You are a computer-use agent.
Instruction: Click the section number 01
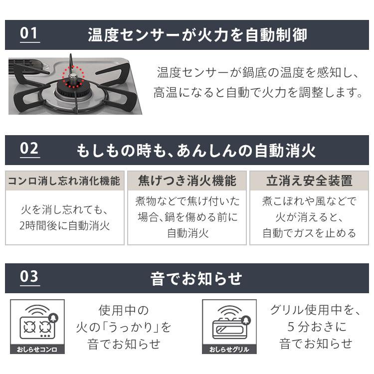(29, 34)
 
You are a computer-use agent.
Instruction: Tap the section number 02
(29, 149)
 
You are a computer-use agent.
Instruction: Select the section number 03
(29, 277)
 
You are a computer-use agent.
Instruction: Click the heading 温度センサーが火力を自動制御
(197, 35)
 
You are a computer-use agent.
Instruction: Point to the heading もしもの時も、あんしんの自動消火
(196, 150)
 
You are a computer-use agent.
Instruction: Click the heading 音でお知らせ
(196, 278)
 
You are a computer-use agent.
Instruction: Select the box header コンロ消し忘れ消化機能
(64, 181)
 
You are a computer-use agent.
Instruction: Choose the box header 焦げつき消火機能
(187, 181)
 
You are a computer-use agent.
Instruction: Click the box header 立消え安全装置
(309, 181)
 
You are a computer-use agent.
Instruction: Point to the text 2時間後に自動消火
(64, 225)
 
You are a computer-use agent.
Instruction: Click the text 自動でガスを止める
(309, 233)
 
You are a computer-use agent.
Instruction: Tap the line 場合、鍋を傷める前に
(187, 217)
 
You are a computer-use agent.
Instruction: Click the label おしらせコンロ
(37, 349)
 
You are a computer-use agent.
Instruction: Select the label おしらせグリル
(229, 349)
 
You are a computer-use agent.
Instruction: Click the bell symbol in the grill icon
(246, 319)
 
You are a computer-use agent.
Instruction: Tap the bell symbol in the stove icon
(53, 318)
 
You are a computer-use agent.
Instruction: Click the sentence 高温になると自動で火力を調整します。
(258, 93)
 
